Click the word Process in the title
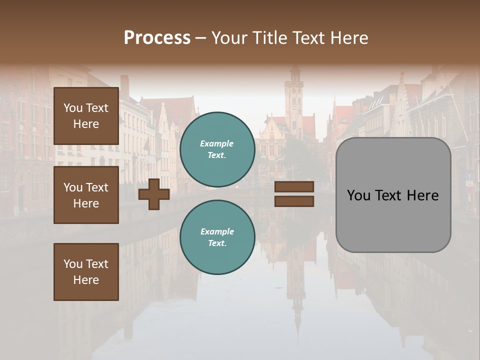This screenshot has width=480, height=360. [157, 38]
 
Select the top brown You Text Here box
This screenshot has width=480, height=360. [86, 116]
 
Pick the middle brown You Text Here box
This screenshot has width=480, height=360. [86, 195]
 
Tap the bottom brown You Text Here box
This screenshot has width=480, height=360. [86, 272]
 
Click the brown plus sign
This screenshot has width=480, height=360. [154, 194]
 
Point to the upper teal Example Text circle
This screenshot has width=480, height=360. [217, 149]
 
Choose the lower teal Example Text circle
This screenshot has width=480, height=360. [217, 237]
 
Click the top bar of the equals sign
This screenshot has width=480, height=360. [294, 186]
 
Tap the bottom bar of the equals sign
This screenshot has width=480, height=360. [294, 201]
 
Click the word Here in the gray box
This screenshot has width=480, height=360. [422, 195]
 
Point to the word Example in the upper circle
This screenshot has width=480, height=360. [217, 143]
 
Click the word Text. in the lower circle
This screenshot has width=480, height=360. [217, 243]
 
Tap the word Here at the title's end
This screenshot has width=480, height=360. [348, 38]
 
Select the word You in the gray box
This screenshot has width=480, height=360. [358, 195]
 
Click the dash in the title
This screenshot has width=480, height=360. [200, 38]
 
